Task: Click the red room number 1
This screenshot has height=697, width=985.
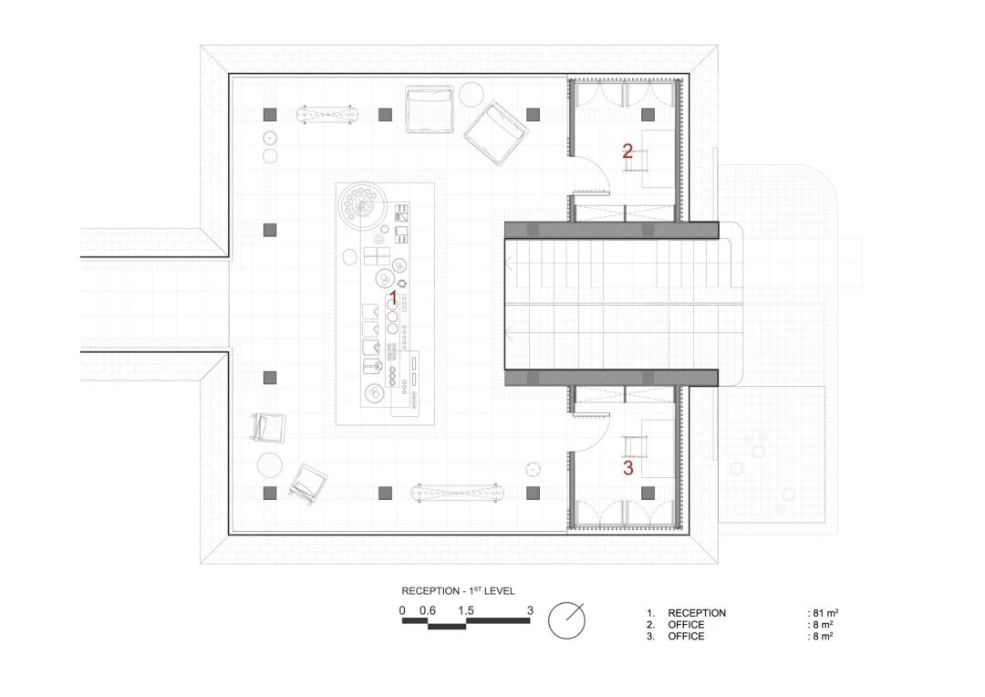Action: (x=394, y=297)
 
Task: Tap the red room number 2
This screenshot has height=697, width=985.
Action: (x=627, y=151)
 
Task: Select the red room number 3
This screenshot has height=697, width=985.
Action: (x=627, y=468)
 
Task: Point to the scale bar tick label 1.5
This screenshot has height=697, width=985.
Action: (x=466, y=610)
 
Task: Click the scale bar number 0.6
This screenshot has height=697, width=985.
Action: (x=428, y=610)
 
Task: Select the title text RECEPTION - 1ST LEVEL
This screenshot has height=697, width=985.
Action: (x=458, y=591)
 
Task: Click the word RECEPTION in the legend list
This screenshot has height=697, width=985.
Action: (x=697, y=613)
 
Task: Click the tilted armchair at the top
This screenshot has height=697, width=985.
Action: (x=496, y=134)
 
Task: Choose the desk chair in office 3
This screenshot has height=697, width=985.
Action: (x=636, y=445)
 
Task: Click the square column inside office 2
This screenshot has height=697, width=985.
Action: (x=648, y=114)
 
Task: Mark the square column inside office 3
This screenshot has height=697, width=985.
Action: (x=648, y=493)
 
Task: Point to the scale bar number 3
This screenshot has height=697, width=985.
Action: (x=529, y=610)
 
